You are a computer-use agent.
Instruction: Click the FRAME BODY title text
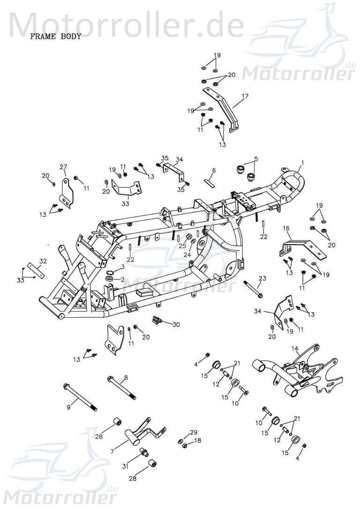[55, 36]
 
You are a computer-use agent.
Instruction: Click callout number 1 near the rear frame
[302, 163]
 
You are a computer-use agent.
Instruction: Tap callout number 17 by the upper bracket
[245, 97]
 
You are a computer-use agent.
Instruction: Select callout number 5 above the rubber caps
[256, 159]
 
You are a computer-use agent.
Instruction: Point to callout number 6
[214, 171]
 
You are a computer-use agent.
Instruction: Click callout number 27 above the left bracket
[63, 167]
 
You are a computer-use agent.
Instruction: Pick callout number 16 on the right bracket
[286, 228]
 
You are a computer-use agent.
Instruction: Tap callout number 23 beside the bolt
[262, 278]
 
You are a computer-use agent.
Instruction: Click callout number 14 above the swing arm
[295, 348]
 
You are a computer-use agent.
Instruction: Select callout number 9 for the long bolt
[68, 407]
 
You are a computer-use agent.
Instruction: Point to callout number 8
[126, 377]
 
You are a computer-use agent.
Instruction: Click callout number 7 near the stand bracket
[112, 451]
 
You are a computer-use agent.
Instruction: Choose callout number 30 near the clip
[176, 324]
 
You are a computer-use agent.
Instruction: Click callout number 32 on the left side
[43, 261]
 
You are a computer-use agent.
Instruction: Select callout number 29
[194, 432]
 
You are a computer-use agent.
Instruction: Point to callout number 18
[198, 441]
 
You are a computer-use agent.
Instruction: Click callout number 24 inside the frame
[187, 254]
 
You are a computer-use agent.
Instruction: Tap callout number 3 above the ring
[122, 267]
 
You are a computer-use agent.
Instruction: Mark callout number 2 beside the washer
[122, 279]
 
